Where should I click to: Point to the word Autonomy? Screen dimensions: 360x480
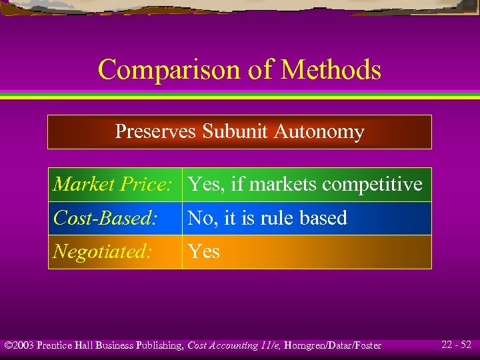[x=319, y=132]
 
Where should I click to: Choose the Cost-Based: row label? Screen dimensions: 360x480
[x=105, y=218]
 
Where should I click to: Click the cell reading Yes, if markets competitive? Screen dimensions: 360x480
[x=305, y=185]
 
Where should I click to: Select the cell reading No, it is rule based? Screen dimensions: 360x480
[x=267, y=218]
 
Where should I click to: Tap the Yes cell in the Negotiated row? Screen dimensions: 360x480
[x=203, y=251]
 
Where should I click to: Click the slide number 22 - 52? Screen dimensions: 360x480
[x=456, y=345]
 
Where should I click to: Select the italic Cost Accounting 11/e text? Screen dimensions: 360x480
[x=231, y=345]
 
